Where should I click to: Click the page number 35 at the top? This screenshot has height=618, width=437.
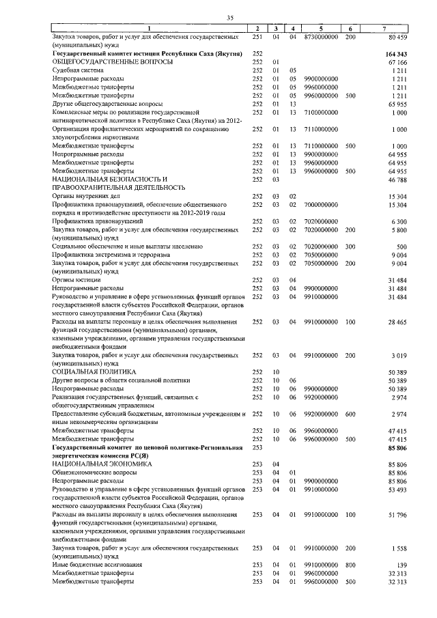pos(230,17)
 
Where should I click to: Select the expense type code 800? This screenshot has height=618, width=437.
pos(350,564)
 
